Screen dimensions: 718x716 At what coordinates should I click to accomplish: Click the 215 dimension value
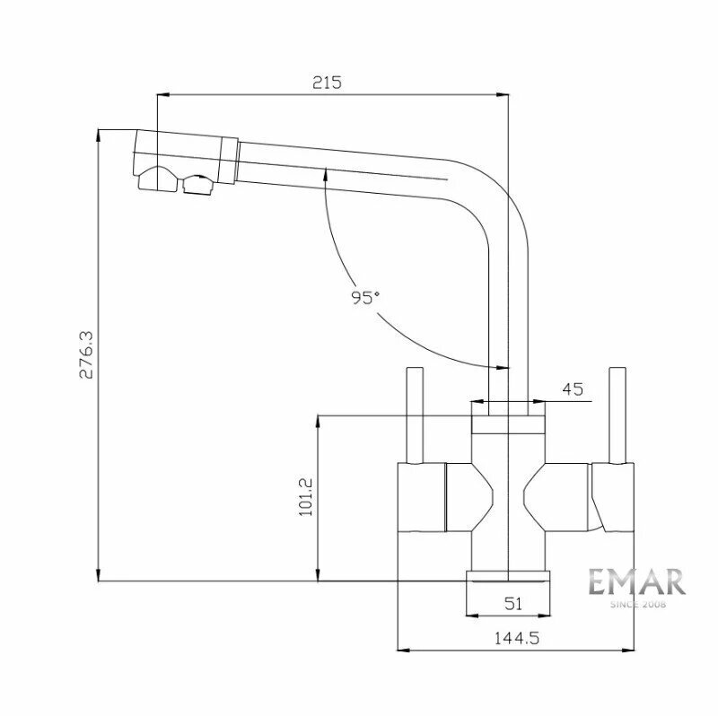(x=327, y=83)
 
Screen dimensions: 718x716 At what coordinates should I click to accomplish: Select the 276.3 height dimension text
(x=86, y=354)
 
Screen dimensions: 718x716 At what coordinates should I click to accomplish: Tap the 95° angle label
(x=365, y=298)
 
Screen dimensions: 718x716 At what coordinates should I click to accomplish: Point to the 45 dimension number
(x=573, y=389)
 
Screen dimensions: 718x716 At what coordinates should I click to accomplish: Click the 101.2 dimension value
(x=305, y=497)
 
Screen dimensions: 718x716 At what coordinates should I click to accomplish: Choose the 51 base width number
(x=512, y=604)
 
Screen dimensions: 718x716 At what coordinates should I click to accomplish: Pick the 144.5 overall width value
(x=517, y=638)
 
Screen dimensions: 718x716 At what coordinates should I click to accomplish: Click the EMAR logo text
(x=636, y=582)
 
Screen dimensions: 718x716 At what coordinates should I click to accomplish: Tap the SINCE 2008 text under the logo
(x=638, y=605)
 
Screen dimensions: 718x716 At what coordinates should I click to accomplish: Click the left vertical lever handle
(x=415, y=415)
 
